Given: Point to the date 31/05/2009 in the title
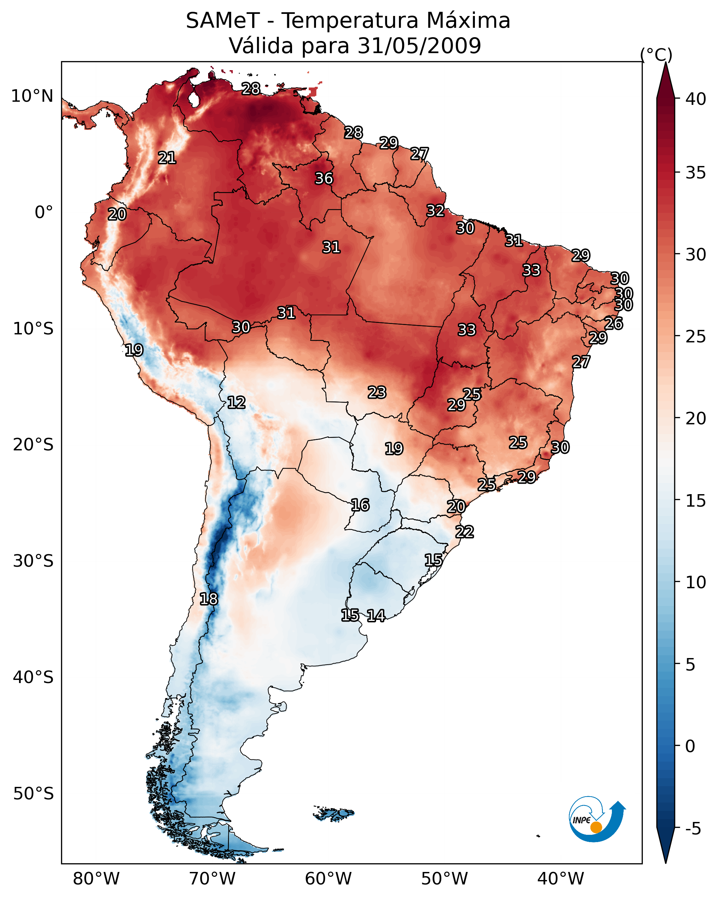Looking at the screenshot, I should click(x=419, y=46).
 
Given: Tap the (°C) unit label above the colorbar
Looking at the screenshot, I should click(x=656, y=55).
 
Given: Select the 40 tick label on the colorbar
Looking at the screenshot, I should click(x=696, y=99).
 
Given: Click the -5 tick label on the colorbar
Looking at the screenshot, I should click(x=693, y=829).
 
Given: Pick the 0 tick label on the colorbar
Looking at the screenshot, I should click(x=690, y=746).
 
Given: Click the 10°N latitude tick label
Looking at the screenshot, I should click(x=32, y=96).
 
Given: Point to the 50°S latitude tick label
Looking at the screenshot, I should click(x=33, y=794).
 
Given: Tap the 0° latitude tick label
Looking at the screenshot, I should click(x=44, y=213).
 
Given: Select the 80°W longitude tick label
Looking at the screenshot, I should click(x=96, y=879).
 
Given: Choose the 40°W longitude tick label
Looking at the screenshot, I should click(x=561, y=879).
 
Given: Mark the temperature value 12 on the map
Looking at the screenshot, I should click(x=236, y=403).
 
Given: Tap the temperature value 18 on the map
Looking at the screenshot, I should click(x=208, y=599).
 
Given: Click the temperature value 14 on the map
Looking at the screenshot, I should click(x=376, y=616).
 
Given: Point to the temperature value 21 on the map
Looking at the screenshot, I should click(x=167, y=158).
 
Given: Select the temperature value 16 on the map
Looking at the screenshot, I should click(x=360, y=505).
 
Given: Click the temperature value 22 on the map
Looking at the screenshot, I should click(x=464, y=532).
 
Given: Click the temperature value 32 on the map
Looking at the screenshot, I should click(x=435, y=211).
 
